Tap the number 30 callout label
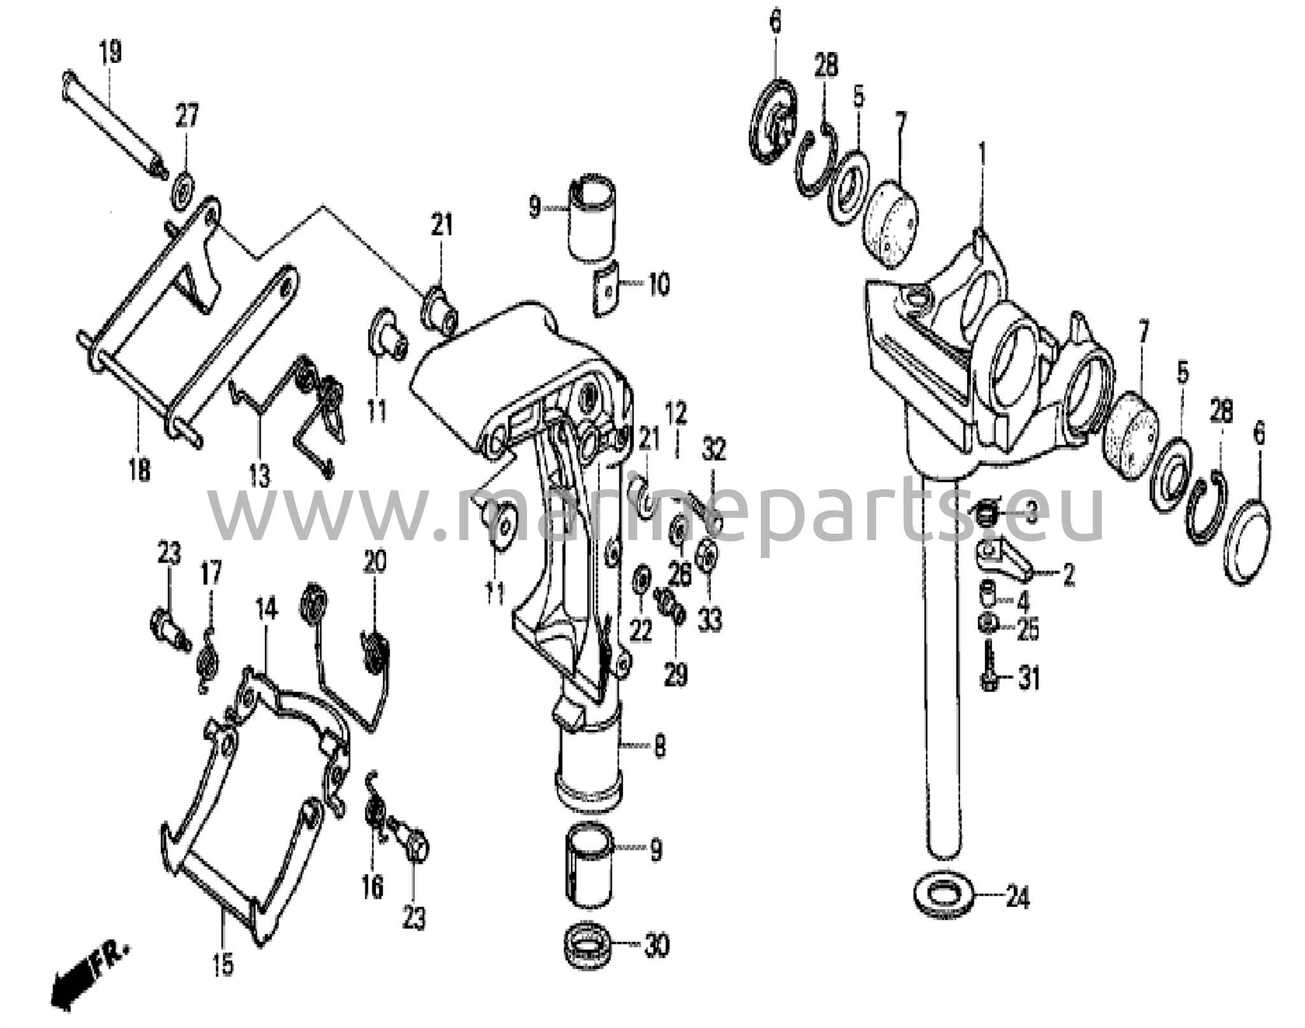click(x=656, y=945)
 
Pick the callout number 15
click(x=223, y=964)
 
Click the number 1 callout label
click(x=982, y=155)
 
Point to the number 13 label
click(x=259, y=476)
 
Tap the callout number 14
click(x=267, y=610)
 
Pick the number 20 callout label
click(x=375, y=562)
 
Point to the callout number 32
click(x=713, y=450)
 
